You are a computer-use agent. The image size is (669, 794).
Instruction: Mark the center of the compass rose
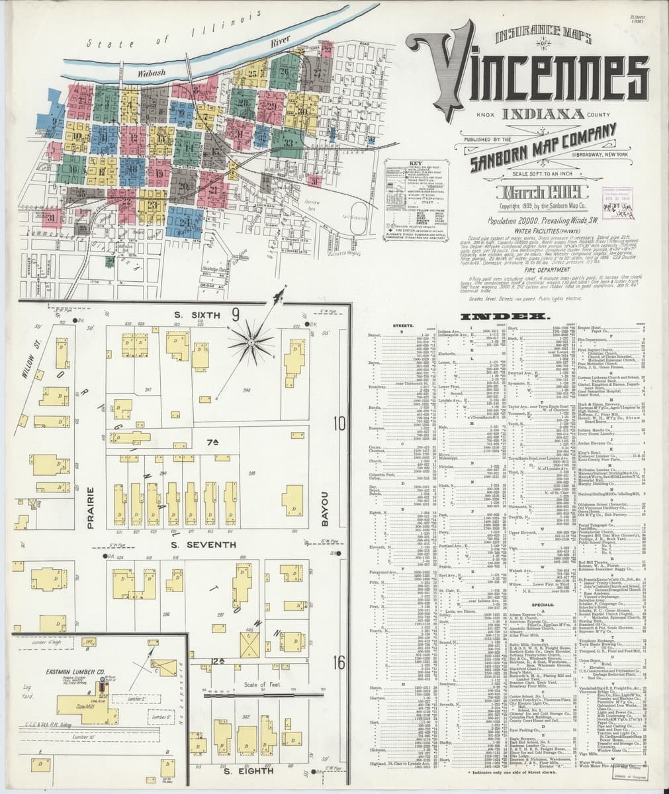pyautogui.click(x=251, y=341)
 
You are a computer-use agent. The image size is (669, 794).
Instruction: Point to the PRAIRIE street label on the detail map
pyautogui.click(x=92, y=508)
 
